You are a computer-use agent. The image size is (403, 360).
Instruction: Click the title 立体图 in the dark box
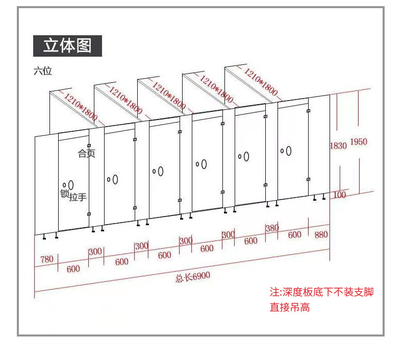67,45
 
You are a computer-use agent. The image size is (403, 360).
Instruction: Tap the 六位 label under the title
43,71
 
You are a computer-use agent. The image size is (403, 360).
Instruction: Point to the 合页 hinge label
86,153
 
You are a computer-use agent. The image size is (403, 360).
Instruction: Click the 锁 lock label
64,194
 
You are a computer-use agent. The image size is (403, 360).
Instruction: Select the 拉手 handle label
78,197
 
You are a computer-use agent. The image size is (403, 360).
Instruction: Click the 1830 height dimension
338,146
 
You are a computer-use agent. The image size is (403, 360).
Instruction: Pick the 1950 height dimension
358,142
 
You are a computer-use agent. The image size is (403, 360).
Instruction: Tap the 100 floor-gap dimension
339,195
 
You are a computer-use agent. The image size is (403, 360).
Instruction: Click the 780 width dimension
46,259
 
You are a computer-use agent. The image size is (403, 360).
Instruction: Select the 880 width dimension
321,235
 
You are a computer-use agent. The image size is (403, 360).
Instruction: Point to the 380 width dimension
272,228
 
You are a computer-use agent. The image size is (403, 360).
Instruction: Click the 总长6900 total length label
193,277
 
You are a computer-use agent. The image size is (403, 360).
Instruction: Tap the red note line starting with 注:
321,292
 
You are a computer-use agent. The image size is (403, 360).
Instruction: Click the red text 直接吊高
290,307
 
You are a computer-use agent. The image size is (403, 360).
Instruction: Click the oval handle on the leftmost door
71,184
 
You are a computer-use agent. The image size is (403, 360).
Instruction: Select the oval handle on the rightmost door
288,150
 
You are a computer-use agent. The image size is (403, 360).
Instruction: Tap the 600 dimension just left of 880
294,235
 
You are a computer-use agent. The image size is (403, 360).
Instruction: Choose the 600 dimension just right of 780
73,269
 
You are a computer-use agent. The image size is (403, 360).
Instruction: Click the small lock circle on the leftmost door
64,185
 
